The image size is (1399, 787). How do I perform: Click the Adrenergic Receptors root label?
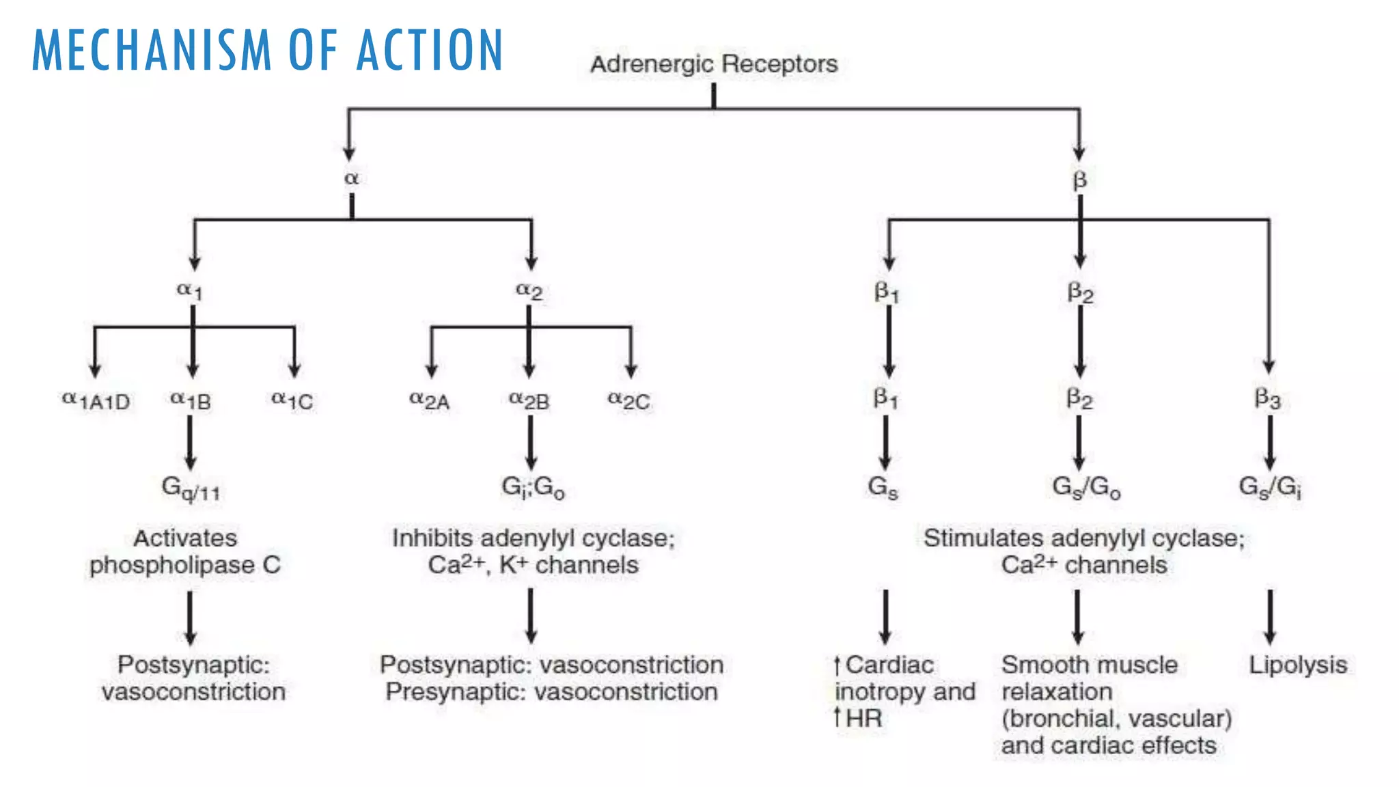tap(714, 64)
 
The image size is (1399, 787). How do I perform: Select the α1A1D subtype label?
tap(96, 400)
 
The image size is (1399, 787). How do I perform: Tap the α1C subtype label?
tap(292, 400)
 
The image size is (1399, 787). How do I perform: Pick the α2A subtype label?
tap(430, 400)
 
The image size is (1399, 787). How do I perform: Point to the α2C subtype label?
tap(629, 400)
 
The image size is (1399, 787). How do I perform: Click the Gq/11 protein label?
tap(191, 488)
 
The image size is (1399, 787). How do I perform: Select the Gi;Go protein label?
tap(533, 487)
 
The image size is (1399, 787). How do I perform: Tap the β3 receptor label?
tap(1268, 398)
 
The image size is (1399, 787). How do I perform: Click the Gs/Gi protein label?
tap(1270, 488)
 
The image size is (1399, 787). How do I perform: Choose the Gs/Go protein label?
tap(1085, 488)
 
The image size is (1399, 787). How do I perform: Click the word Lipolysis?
tap(1298, 665)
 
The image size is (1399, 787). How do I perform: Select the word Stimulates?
tap(983, 538)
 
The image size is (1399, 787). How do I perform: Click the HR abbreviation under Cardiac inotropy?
tap(864, 719)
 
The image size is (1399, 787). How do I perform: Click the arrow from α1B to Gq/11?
tap(190, 442)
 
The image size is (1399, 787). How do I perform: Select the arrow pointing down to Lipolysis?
tap(1270, 617)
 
